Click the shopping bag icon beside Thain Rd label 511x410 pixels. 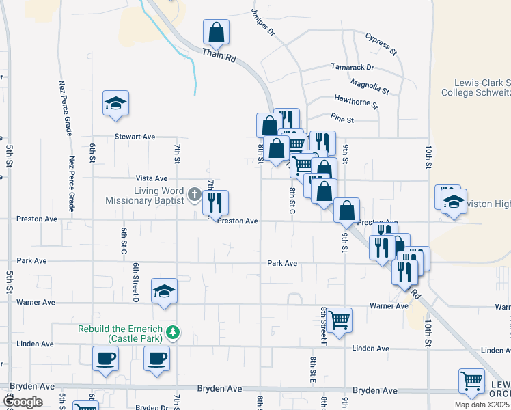[x=216, y=31]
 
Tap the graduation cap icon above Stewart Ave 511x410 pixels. [x=115, y=103]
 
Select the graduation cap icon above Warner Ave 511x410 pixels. [x=164, y=291]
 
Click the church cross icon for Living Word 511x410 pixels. [x=194, y=195]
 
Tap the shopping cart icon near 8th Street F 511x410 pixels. [x=340, y=319]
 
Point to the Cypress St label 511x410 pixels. [x=381, y=42]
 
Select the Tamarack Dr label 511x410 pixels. [x=353, y=67]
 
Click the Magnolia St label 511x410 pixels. [x=369, y=85]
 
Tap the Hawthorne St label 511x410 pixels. [x=356, y=102]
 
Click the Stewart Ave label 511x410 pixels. [x=135, y=137]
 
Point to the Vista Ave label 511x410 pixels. [x=151, y=178]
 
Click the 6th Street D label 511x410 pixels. [x=137, y=282]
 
